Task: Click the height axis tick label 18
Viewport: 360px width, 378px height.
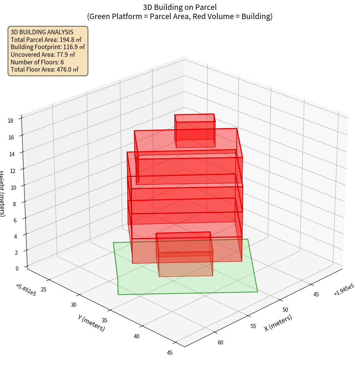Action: (10, 121)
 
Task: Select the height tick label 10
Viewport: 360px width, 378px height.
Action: (14, 187)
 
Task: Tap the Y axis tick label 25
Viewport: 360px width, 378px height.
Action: (43, 290)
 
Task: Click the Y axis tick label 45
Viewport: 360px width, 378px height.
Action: (170, 352)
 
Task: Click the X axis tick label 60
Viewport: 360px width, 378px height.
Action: (220, 342)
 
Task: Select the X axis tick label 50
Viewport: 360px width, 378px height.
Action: (285, 309)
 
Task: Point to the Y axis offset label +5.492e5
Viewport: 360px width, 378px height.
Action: (26, 289)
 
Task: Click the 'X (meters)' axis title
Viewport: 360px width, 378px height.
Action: (278, 323)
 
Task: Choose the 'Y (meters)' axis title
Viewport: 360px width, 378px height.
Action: (92, 322)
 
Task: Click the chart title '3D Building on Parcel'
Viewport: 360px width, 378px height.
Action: (180, 7)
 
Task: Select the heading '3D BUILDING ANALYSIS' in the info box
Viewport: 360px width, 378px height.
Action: (42, 32)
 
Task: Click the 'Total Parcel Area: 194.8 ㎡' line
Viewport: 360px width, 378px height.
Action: (46, 40)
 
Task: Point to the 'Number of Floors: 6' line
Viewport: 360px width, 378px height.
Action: (37, 62)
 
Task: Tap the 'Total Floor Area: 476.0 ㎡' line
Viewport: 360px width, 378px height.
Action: (45, 69)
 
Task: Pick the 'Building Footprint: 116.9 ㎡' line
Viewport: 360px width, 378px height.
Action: (48, 47)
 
